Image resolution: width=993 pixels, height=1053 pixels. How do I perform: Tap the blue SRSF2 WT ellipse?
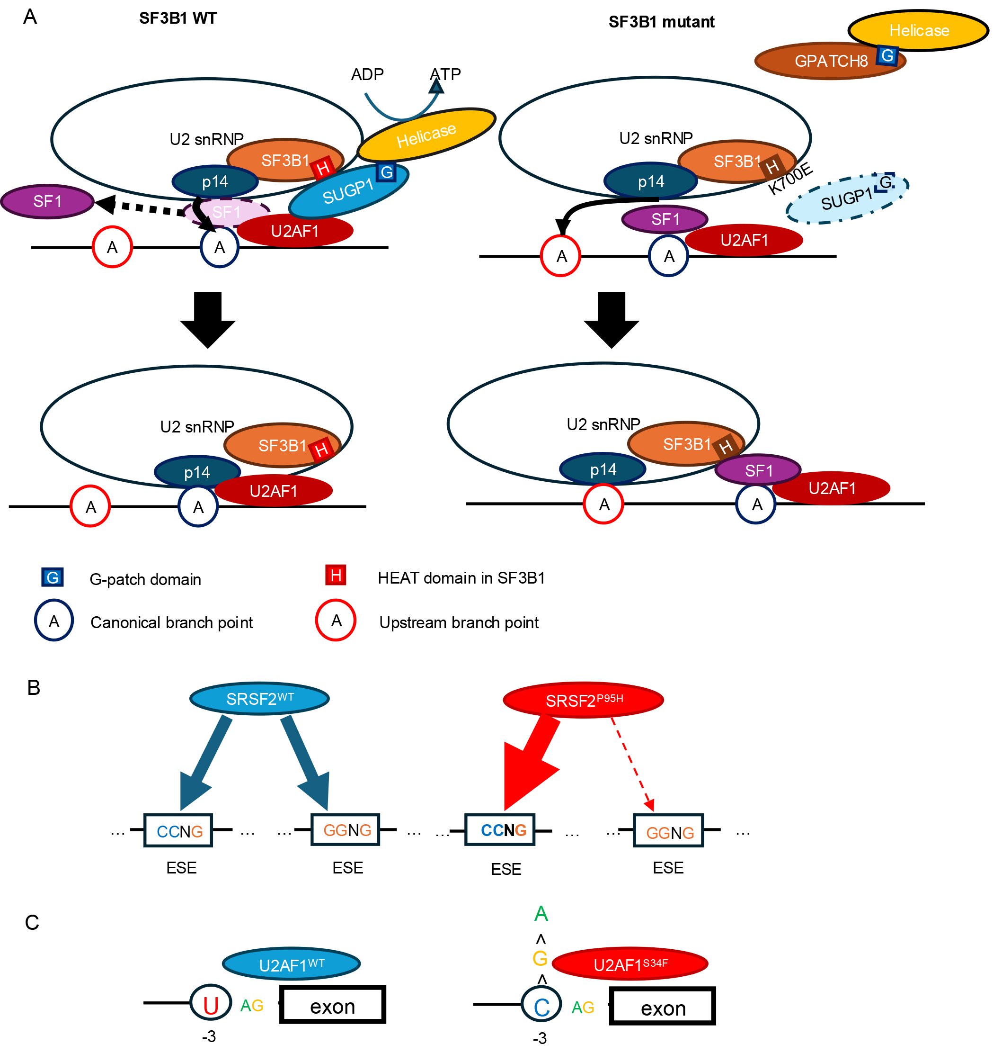[259, 699]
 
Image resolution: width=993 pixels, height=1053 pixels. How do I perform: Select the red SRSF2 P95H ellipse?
[583, 700]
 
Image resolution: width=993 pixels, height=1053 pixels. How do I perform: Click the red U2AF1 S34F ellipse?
[630, 964]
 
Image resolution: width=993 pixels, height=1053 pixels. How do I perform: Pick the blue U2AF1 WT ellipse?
[291, 964]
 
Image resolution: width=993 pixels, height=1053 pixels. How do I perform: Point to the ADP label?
[367, 75]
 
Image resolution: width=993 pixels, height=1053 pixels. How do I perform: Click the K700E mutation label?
[790, 179]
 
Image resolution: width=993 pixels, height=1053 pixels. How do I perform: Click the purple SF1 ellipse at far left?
[47, 201]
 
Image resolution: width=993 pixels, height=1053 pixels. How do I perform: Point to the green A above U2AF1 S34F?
[541, 914]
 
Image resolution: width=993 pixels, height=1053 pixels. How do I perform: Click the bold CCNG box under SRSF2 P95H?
[500, 830]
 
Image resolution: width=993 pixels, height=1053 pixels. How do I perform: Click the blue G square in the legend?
[53, 577]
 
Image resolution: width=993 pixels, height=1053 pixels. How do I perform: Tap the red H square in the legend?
[336, 575]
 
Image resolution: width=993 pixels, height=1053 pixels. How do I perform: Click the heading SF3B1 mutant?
[661, 22]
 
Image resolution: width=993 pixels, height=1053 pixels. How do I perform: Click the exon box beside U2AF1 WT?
[332, 1005]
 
